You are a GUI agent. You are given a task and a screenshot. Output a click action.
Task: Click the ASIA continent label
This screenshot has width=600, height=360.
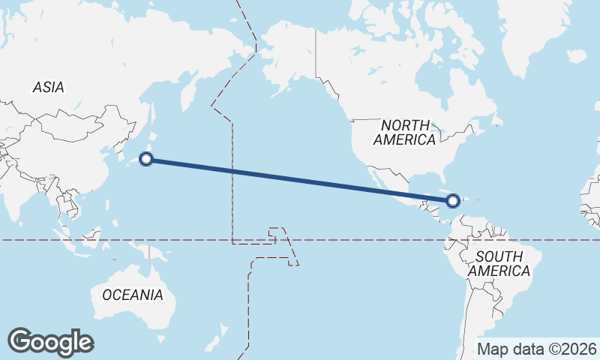(x=48, y=87)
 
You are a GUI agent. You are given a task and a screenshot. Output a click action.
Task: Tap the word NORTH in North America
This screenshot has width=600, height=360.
(x=405, y=125)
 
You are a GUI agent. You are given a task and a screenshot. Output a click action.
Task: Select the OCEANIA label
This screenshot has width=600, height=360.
(x=132, y=295)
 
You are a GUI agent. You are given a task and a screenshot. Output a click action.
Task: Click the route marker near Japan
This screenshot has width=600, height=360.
(x=147, y=159)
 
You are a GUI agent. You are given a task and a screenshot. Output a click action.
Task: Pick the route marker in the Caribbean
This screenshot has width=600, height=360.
(x=453, y=200)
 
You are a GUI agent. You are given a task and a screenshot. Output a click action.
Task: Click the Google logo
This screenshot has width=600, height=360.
(x=50, y=341)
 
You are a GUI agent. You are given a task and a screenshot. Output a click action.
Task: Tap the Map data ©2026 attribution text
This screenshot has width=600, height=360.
(x=537, y=349)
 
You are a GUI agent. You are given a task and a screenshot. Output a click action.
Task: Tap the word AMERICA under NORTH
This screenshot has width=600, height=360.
(x=404, y=139)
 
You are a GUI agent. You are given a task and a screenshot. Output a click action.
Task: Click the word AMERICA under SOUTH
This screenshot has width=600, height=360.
(x=499, y=271)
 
